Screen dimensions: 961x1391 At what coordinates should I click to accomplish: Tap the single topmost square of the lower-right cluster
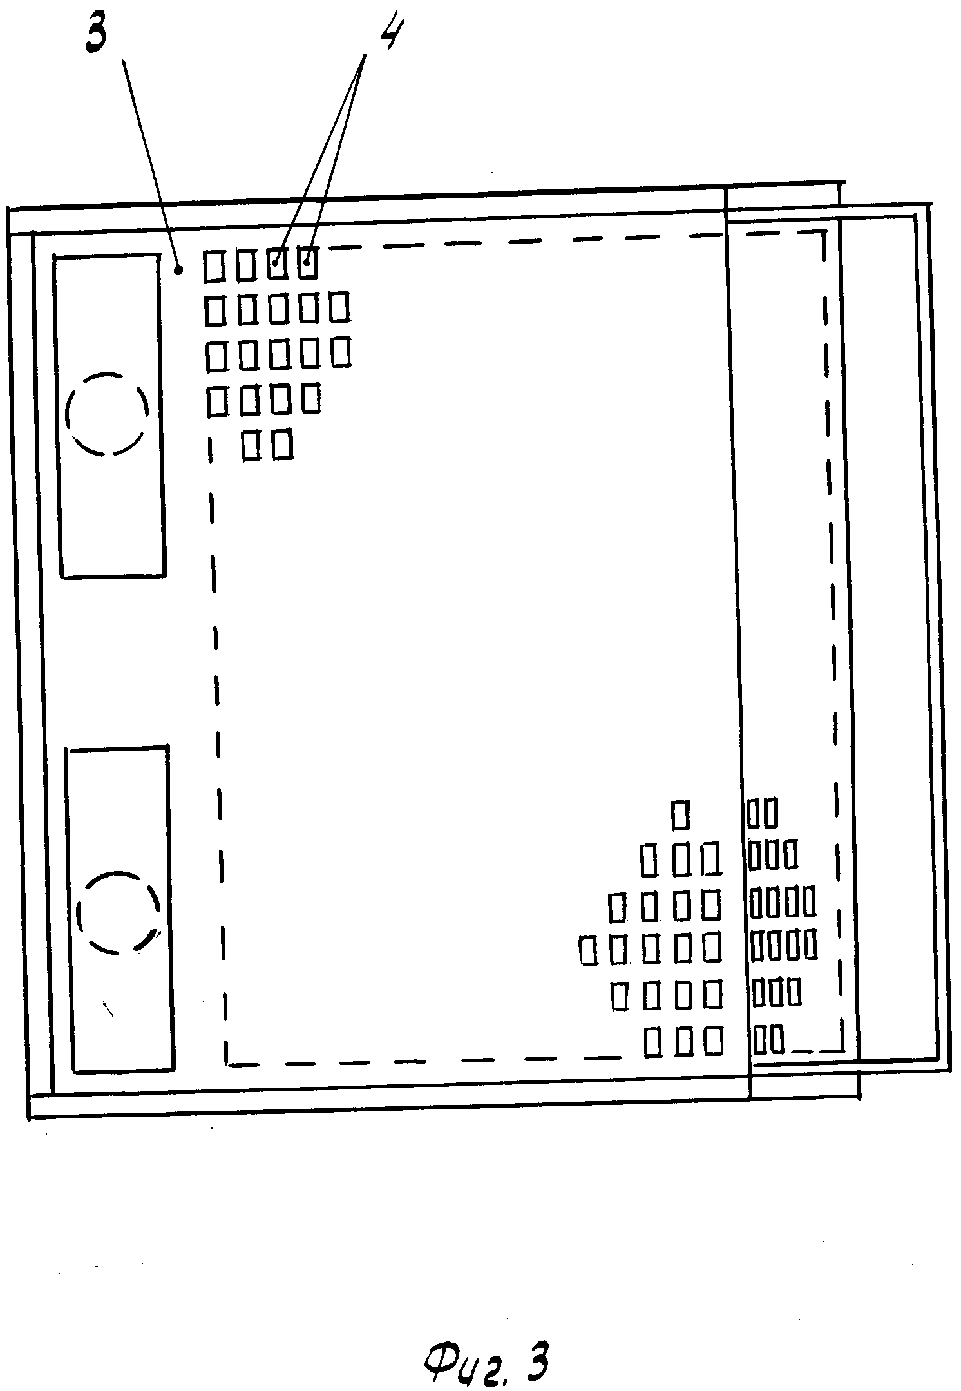tap(680, 814)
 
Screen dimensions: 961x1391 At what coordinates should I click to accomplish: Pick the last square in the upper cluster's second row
tap(340, 307)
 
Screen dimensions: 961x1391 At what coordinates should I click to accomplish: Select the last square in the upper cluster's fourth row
tap(311, 398)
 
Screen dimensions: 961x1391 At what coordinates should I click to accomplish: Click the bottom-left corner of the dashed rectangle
tap(227, 1064)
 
